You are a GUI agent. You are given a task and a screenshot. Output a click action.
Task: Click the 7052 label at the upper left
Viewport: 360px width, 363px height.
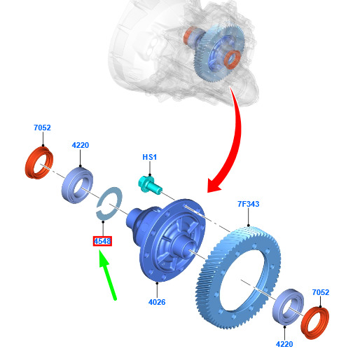[x=42, y=128]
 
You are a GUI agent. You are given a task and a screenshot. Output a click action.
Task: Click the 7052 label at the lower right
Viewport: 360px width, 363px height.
[x=321, y=292]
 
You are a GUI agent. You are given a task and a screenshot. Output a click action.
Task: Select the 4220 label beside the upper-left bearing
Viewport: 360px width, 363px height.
[x=81, y=145]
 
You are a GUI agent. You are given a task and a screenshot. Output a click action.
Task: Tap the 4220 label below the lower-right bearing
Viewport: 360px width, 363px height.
[x=284, y=344]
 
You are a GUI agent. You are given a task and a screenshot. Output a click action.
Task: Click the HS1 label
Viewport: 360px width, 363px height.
[x=150, y=157]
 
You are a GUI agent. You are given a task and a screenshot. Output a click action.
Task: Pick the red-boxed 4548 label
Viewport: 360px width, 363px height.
[x=102, y=241]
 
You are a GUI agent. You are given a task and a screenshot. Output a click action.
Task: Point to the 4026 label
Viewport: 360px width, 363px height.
[x=157, y=302]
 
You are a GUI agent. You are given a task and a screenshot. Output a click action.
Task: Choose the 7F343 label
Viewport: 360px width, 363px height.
[x=249, y=204]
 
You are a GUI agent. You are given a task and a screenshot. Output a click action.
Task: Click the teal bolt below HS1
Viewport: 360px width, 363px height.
[x=149, y=184]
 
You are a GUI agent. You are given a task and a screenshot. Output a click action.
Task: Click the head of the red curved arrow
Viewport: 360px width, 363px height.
[x=214, y=185]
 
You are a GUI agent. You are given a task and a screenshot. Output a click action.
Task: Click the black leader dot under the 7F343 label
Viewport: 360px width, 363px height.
[x=249, y=226]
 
